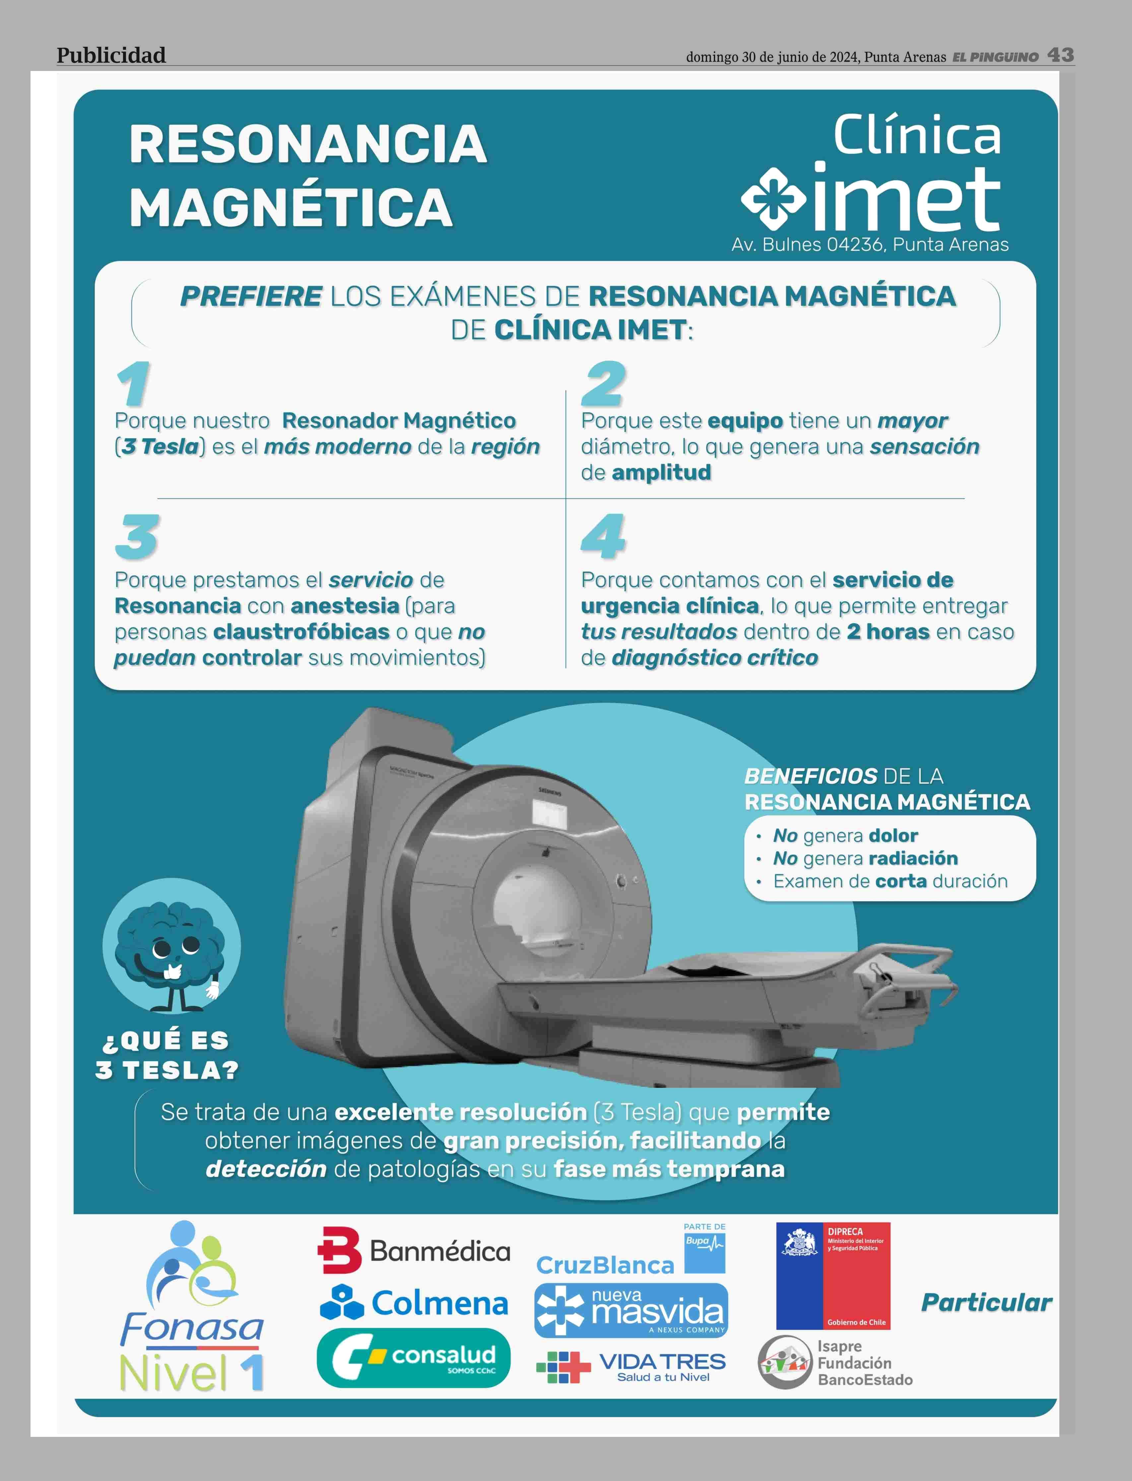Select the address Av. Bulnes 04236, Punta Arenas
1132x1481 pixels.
(870, 244)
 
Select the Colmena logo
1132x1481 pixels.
(414, 1303)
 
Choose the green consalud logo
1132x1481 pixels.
(414, 1358)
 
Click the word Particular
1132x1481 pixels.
(986, 1303)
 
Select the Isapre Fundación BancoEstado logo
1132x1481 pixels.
(835, 1362)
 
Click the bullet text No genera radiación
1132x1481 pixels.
(865, 858)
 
